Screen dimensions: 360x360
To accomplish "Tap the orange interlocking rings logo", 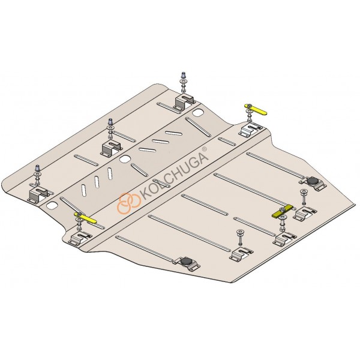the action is tap(129, 203).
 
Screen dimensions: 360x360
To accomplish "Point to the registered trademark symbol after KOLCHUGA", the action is tap(205, 149).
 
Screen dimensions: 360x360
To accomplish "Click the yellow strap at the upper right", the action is tap(256, 109).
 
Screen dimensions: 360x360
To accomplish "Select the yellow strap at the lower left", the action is tap(85, 218).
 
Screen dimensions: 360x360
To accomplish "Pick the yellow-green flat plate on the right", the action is tap(283, 211).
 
